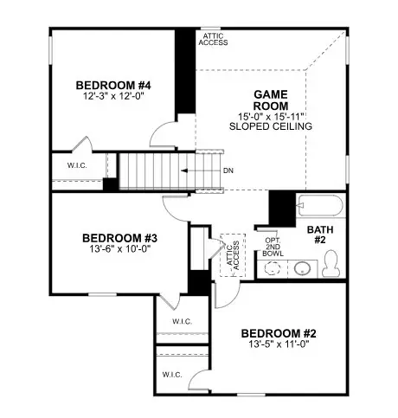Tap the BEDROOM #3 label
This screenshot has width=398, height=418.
point(119,237)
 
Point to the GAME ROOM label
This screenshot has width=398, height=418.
point(270,100)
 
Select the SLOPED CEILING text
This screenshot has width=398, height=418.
point(270,126)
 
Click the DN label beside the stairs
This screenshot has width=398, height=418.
point(228,170)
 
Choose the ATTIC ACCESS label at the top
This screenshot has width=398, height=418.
point(212,38)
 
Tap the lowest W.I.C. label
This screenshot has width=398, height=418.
point(170,375)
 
